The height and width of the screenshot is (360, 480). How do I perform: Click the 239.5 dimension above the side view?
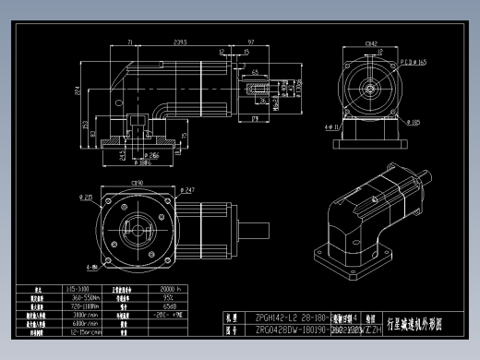[x=180, y=42]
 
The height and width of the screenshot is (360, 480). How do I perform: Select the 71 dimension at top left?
[x=130, y=42]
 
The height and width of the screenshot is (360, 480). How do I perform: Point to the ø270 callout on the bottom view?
[x=85, y=197]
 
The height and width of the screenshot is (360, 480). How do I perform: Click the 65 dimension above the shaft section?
[x=254, y=70]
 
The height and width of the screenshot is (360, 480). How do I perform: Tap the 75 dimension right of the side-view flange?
[x=184, y=136]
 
